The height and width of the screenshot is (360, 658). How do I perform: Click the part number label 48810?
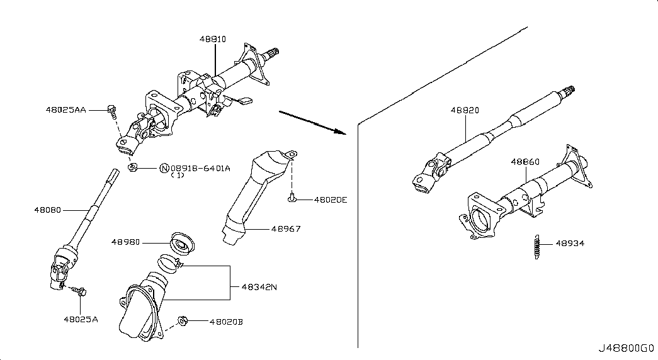[213, 39]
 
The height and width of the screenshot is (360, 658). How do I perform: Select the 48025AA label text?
[66, 110]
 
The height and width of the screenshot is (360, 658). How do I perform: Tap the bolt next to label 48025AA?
[112, 110]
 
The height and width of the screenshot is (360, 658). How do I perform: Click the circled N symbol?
[164, 168]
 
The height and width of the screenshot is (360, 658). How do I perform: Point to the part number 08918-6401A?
[200, 168]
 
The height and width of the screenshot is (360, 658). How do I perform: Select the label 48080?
[47, 210]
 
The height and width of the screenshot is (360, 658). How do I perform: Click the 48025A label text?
[81, 319]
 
